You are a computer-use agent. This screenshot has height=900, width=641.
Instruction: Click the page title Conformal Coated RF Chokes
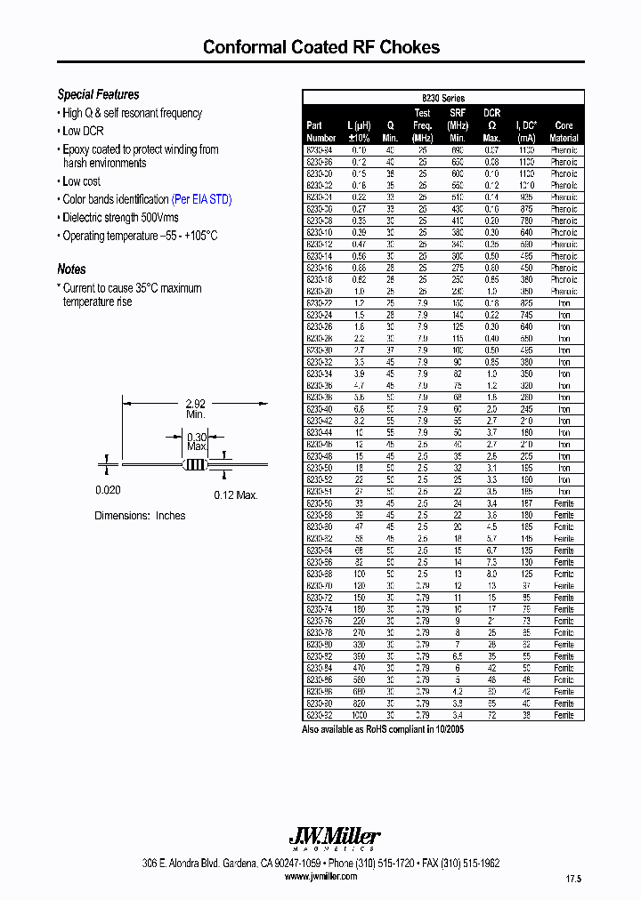pyautogui.click(x=320, y=47)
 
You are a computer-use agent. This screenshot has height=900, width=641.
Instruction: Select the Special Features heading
pyautogui.click(x=98, y=94)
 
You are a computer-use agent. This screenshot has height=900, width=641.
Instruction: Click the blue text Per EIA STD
pyautogui.click(x=201, y=199)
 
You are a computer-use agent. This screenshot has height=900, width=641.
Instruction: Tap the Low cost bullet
pyautogui.click(x=81, y=181)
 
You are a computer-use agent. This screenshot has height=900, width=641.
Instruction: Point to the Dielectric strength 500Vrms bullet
pyautogui.click(x=120, y=217)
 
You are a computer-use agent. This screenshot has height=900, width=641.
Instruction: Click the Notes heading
pyautogui.click(x=71, y=269)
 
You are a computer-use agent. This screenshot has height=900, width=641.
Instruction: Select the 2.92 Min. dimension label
pyautogui.click(x=196, y=409)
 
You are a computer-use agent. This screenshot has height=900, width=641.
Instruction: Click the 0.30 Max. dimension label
pyautogui.click(x=196, y=440)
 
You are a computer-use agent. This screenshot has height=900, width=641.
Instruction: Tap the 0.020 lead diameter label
pyautogui.click(x=108, y=490)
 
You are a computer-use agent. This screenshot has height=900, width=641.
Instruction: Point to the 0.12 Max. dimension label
pyautogui.click(x=235, y=494)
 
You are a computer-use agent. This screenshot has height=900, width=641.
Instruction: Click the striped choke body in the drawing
pyautogui.click(x=194, y=464)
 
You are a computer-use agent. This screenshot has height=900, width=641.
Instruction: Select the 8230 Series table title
pyautogui.click(x=442, y=98)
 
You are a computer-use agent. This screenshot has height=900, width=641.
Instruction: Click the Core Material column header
pyautogui.click(x=563, y=132)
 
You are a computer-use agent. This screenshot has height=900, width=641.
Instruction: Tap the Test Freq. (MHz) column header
pyautogui.click(x=422, y=125)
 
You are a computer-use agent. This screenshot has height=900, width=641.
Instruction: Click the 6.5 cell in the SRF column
pyautogui.click(x=458, y=656)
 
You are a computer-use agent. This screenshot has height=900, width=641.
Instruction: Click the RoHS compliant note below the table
pyautogui.click(x=383, y=729)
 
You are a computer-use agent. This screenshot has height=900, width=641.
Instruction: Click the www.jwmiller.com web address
pyautogui.click(x=320, y=876)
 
